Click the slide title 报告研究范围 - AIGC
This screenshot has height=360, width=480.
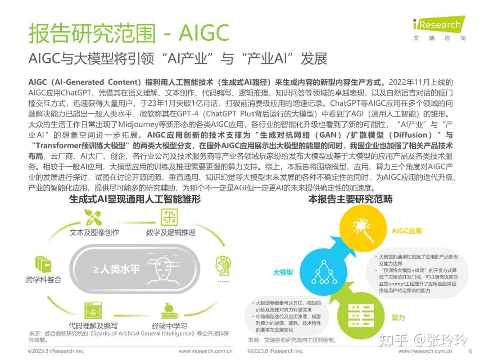pyautogui.click(x=129, y=33)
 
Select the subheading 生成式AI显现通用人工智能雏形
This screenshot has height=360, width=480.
pyautogui.click(x=135, y=200)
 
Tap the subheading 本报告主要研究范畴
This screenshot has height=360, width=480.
pyautogui.click(x=351, y=200)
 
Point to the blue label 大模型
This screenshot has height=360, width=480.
pyautogui.click(x=283, y=272)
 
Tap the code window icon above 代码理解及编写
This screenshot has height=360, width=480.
pyautogui.click(x=93, y=310)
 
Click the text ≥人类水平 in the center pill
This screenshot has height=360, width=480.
pyautogui.click(x=116, y=269)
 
